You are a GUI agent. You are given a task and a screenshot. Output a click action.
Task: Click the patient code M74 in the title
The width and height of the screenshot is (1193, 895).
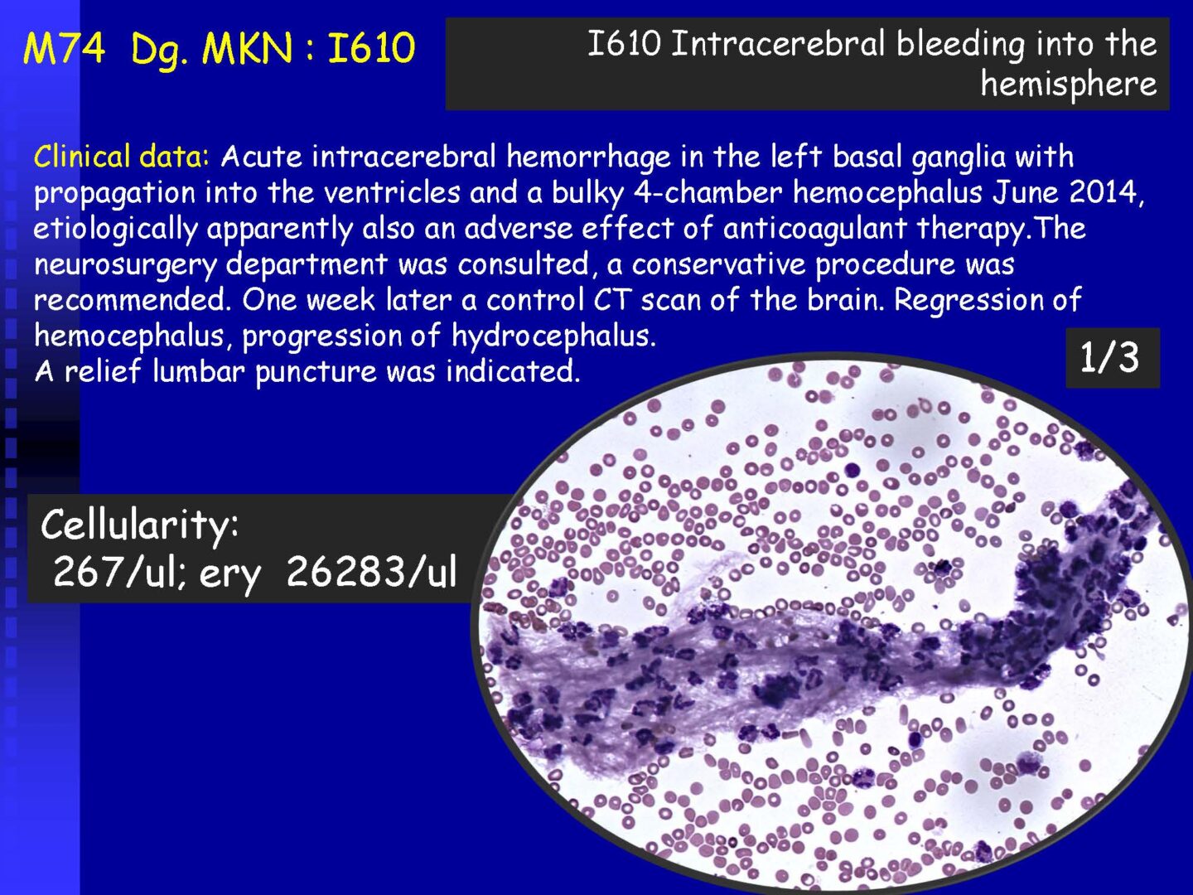tap(64, 47)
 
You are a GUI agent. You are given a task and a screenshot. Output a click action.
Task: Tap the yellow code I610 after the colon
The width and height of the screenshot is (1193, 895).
tap(371, 47)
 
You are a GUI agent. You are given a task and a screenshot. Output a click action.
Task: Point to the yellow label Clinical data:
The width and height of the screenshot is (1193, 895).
tap(122, 157)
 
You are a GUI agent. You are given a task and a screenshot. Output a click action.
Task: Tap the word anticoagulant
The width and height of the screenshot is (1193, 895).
tap(814, 229)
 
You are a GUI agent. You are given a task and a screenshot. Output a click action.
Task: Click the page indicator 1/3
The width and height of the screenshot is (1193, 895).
tap(1108, 357)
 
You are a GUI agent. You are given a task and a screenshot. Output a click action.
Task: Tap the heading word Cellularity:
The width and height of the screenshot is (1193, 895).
tap(140, 525)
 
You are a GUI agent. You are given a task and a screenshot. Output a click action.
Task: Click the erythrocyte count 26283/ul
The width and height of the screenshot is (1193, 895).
tap(371, 572)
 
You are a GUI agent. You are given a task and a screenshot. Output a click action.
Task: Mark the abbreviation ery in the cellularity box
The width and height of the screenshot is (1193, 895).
tap(230, 575)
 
